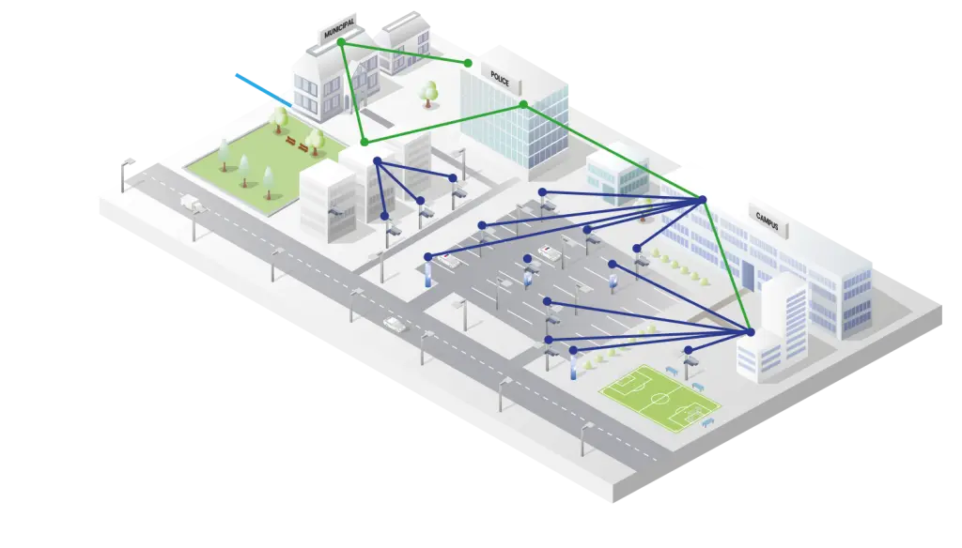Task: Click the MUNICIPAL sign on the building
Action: [x=339, y=28]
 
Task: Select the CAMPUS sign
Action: [x=768, y=217]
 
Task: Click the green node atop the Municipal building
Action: [x=341, y=42]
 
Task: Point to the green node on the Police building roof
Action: [x=523, y=104]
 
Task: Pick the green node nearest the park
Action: [x=365, y=142]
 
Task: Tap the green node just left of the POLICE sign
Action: [x=468, y=63]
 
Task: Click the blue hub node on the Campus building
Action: [x=702, y=199]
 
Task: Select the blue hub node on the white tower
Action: [x=750, y=332]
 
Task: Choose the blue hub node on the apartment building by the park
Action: [x=377, y=161]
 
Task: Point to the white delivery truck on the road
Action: [x=191, y=201]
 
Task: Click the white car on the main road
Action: [x=395, y=324]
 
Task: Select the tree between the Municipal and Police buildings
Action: [x=429, y=92]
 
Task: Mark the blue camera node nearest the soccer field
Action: [x=689, y=350]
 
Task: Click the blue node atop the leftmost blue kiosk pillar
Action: [x=428, y=256]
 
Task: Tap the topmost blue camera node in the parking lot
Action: [x=542, y=192]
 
